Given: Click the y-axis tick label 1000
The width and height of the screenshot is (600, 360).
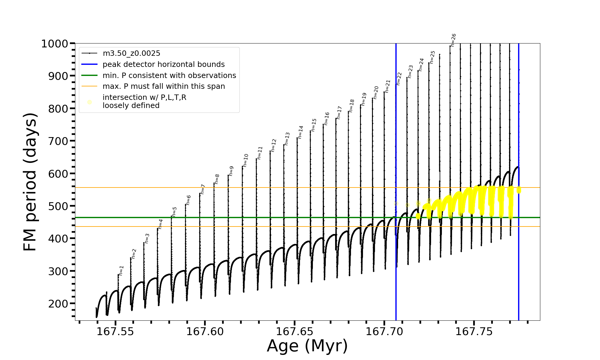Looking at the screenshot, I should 54,44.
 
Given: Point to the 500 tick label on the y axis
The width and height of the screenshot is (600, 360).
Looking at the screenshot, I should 58,206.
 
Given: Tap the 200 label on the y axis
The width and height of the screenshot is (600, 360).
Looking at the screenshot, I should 58,304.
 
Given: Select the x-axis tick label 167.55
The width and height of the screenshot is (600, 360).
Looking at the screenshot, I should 115,332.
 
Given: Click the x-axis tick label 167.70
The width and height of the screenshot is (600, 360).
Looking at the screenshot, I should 384,332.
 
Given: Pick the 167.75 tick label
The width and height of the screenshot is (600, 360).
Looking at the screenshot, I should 474,332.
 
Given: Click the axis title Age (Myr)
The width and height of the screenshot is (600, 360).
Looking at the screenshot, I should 307,346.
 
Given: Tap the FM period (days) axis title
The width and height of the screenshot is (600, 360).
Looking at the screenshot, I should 30,182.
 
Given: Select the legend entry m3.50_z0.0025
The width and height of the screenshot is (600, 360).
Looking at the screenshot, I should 131,53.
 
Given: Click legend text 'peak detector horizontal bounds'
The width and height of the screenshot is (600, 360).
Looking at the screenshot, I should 163,64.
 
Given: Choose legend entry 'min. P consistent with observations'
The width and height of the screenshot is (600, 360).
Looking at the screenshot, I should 169,76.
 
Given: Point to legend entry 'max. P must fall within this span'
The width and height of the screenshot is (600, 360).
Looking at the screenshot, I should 163,86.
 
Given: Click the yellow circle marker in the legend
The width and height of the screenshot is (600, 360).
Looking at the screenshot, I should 89,102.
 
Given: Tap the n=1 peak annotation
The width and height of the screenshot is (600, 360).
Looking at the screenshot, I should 121,270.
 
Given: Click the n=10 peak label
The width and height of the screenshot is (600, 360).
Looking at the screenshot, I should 246,160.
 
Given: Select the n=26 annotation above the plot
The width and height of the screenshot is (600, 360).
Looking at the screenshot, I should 453,40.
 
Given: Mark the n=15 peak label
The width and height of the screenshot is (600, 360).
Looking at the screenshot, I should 313,125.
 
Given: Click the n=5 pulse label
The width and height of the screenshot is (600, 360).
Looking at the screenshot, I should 174,211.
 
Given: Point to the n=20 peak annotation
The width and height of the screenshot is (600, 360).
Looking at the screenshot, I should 376,92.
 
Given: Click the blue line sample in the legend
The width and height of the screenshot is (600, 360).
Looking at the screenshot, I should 89,64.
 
